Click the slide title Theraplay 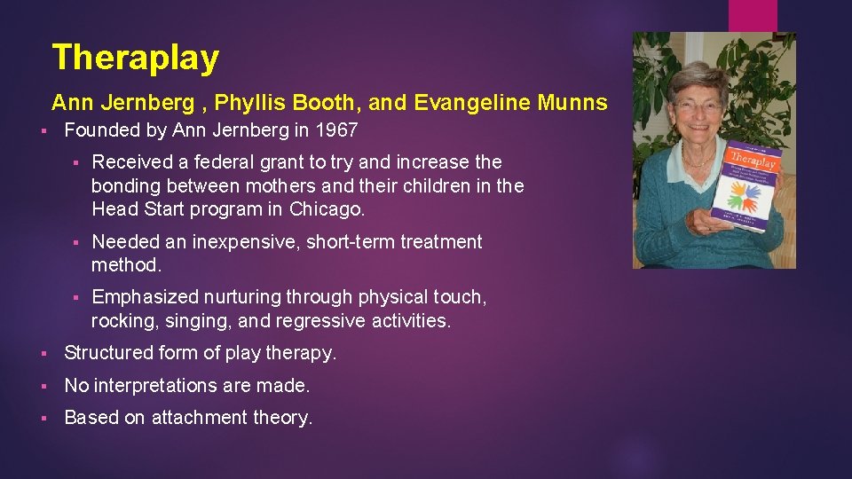tap(135, 58)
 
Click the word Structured tap(107, 353)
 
